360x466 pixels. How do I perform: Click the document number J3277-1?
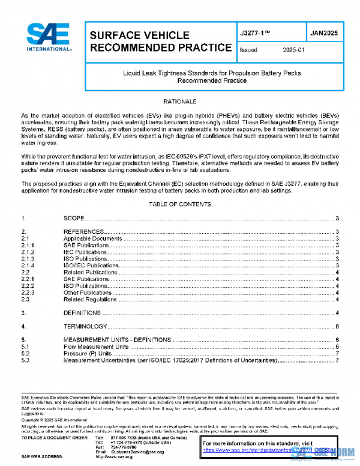(256, 34)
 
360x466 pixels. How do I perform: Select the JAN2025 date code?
(325, 34)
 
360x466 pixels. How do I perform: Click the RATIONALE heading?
(180, 102)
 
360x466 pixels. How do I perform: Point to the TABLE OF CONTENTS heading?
(180, 204)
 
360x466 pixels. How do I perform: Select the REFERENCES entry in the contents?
(84, 232)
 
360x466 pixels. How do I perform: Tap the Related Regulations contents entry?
(90, 299)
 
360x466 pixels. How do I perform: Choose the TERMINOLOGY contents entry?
(85, 327)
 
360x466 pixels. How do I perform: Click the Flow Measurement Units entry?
(96, 347)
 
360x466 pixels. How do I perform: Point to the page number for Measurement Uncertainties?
(338, 360)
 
